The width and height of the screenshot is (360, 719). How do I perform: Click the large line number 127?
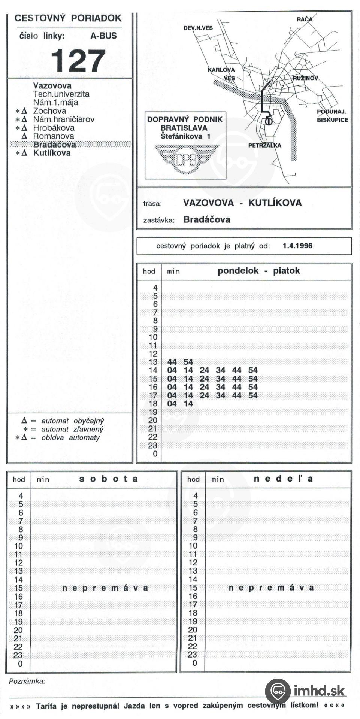point(78,61)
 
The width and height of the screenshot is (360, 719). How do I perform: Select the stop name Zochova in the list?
point(49,111)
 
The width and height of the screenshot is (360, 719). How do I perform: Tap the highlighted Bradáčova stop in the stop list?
point(55,145)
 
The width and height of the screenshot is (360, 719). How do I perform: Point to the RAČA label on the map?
point(305,19)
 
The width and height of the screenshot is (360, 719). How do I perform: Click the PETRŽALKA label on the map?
point(264,145)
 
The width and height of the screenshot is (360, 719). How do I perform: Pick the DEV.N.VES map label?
point(198,28)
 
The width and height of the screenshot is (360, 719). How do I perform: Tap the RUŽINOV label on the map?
point(305,78)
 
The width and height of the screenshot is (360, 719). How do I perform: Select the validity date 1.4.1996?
point(297,246)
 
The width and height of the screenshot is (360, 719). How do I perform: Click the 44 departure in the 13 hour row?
point(172,362)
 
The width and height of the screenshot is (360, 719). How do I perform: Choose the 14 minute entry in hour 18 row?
point(188,403)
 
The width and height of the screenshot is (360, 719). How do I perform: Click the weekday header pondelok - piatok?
point(258,271)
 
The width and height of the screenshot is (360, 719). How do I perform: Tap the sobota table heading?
point(108,479)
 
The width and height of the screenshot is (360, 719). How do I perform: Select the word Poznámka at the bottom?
point(27,681)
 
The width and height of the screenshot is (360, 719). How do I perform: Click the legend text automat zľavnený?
point(72,429)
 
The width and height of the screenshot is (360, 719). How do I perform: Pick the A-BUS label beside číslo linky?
point(103,36)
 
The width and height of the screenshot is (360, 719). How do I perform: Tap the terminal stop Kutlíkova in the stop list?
point(52,153)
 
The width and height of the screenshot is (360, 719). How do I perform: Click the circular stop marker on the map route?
point(268,121)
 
